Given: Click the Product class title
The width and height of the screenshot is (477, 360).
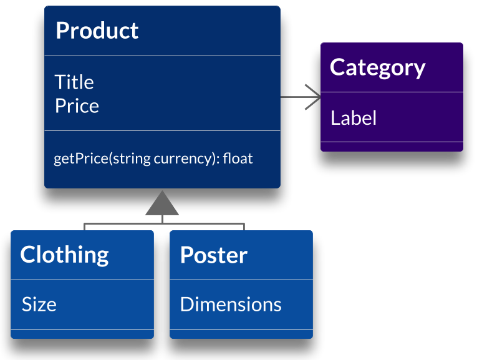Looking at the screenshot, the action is (97, 31).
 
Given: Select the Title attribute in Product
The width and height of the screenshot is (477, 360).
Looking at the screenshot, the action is (74, 82).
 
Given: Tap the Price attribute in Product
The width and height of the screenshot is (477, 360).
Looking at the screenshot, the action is (77, 105).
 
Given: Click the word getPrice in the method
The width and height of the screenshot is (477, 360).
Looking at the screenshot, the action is (81, 158).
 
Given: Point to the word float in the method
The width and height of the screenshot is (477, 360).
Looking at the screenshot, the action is (238, 158).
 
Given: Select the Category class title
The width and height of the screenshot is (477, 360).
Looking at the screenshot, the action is (377, 67).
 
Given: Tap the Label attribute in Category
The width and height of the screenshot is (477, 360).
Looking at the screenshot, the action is (354, 118).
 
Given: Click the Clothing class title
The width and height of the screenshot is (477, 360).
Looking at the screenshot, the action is (64, 255).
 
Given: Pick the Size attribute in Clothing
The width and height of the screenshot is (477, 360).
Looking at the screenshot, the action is (39, 304).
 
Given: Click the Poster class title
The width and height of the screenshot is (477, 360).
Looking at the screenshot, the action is (213, 255).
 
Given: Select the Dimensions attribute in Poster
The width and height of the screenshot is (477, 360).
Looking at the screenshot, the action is (231, 304).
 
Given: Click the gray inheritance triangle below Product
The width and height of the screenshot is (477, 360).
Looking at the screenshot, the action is (162, 204).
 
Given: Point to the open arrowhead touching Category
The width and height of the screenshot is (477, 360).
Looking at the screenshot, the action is (314, 97).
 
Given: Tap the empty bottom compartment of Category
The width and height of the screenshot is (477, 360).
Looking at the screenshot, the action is (392, 147).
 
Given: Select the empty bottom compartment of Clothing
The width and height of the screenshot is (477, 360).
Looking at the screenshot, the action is (82, 334).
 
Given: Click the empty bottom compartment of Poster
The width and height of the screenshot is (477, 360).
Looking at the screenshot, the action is (241, 334).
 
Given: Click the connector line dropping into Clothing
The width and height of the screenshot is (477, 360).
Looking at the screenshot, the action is (84, 227).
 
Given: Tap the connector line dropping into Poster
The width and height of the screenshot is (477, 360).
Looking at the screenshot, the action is (244, 227).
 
